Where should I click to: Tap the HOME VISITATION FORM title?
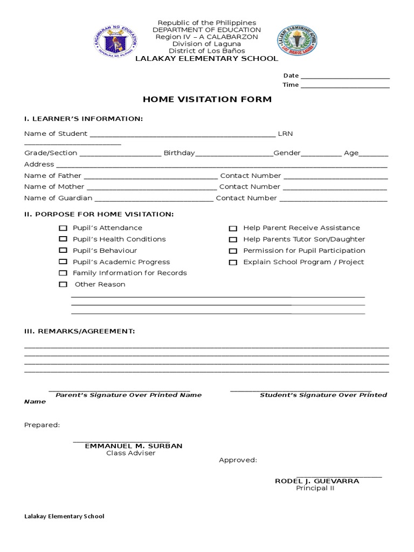[207, 100]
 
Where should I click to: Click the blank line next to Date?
[345, 76]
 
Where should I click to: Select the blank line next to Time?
[345, 85]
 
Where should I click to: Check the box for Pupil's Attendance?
[63, 228]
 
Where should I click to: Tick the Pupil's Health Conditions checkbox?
[63, 239]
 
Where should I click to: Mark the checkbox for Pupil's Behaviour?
[63, 251]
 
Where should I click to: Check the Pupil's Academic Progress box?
[63, 262]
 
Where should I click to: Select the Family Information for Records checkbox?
[63, 273]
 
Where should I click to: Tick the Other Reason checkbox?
[63, 285]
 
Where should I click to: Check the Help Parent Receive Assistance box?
[233, 229]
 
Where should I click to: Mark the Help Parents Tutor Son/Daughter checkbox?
[233, 239]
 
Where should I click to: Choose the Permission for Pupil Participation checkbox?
[233, 251]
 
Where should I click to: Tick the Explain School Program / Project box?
[233, 263]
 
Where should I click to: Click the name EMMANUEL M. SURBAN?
[134, 446]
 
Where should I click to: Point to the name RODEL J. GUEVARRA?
[317, 481]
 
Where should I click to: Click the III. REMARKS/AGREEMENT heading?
[79, 330]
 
